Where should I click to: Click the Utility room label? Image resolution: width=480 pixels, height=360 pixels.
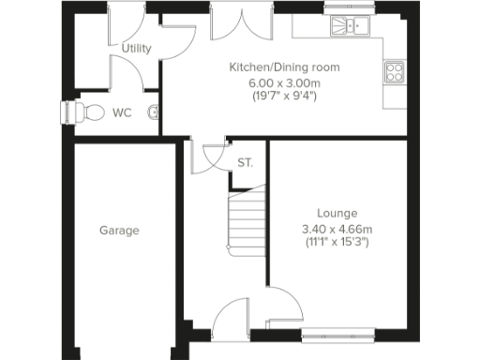137,48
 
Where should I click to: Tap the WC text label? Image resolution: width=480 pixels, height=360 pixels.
123,112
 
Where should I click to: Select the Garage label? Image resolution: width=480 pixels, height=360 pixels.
120,230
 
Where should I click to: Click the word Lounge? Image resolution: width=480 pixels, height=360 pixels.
337,213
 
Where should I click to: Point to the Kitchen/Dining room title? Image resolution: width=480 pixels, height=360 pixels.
285,67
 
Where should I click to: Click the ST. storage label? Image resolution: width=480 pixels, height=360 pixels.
246,162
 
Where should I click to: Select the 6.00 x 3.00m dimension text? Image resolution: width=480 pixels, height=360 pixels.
285,82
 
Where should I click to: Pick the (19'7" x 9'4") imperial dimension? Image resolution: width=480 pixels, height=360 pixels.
285,95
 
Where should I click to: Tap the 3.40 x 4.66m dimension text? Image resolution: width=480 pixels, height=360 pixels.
337,229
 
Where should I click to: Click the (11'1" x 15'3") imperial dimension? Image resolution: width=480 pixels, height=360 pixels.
337,243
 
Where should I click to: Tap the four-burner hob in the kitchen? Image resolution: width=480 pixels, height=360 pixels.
394,73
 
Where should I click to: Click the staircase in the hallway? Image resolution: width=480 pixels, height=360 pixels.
246,217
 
